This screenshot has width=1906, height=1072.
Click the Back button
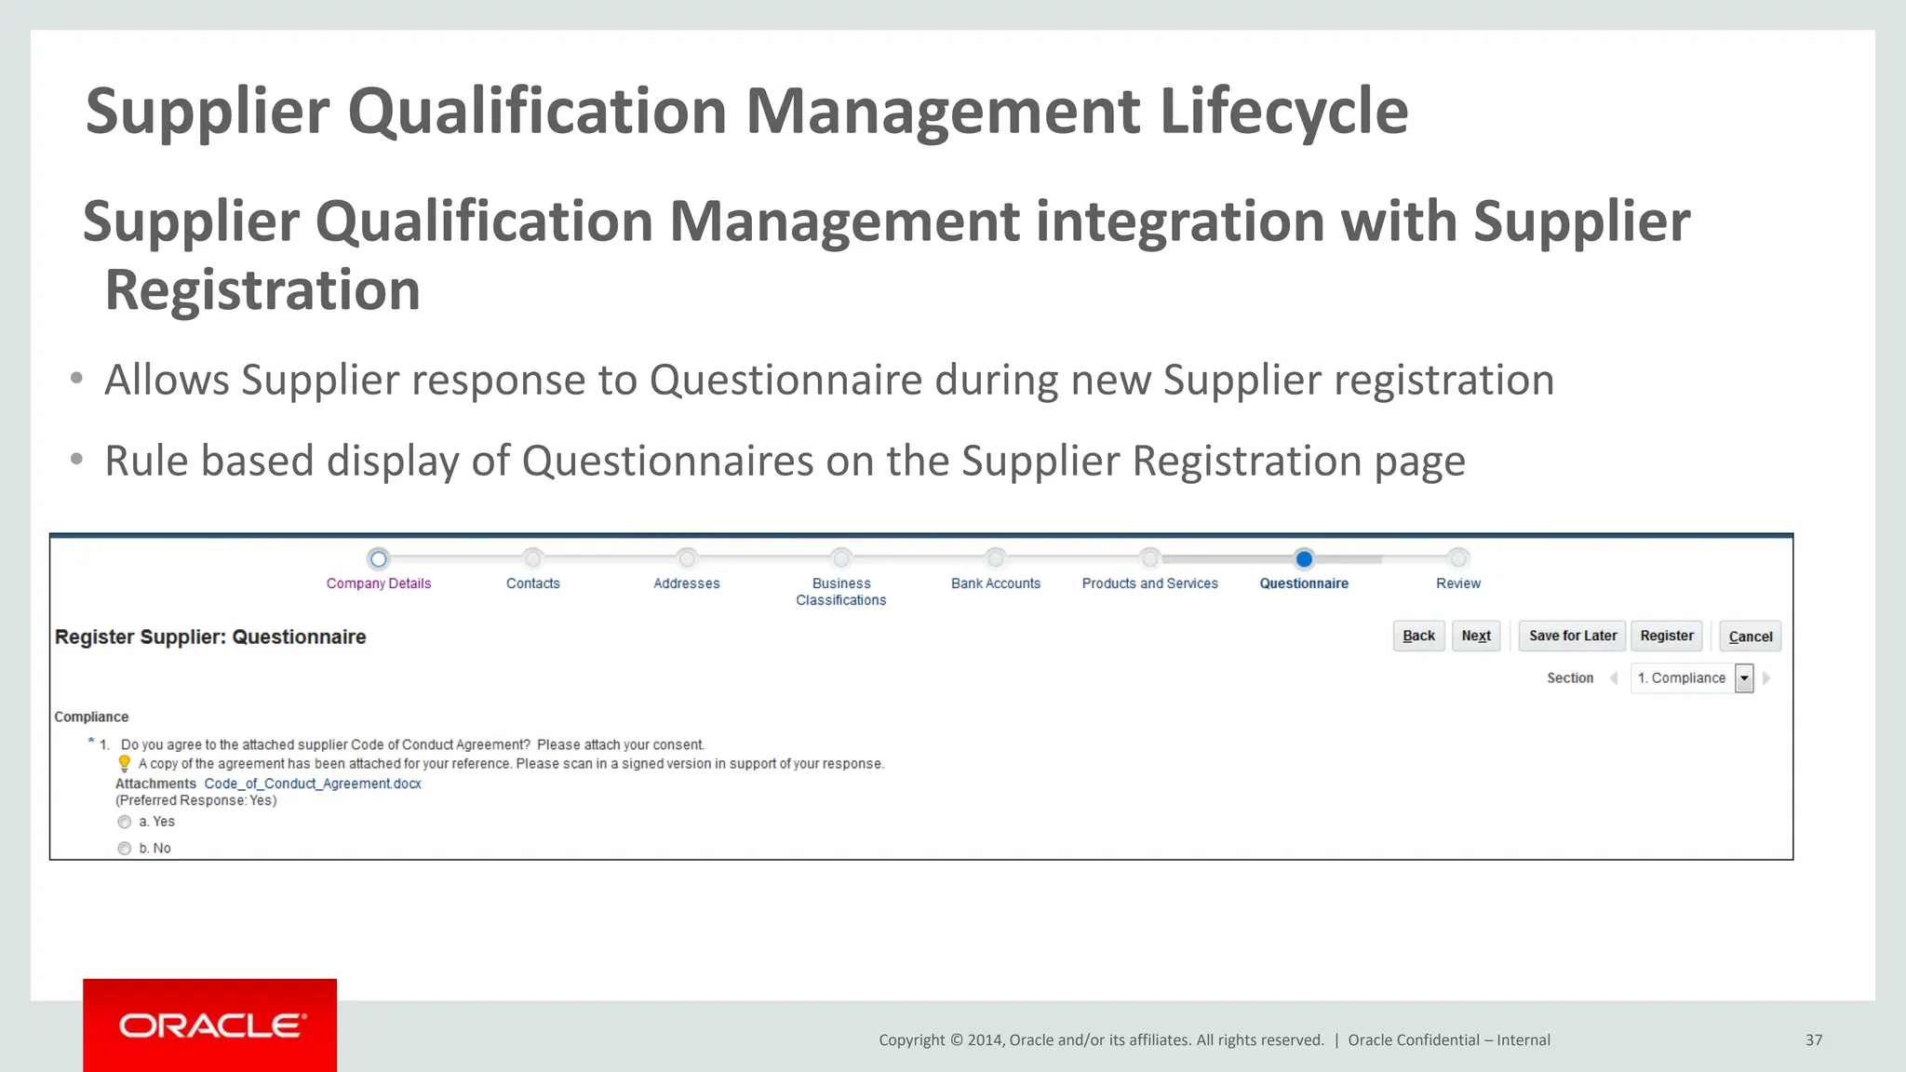[1418, 636]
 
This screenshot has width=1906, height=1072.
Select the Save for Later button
[1572, 636]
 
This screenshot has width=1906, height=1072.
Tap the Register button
[1666, 636]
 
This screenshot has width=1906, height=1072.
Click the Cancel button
[1750, 636]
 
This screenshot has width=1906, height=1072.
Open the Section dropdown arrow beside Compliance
[1744, 678]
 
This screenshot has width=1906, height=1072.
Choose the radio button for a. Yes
[125, 822]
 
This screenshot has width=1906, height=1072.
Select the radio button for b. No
[125, 849]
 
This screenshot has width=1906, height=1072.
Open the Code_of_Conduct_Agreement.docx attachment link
[313, 784]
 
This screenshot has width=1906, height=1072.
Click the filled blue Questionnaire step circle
[1304, 559]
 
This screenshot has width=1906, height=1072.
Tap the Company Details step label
[379, 583]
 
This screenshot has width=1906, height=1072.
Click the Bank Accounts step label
[995, 583]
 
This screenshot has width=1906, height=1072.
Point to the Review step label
[1457, 583]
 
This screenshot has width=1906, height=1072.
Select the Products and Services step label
[1149, 583]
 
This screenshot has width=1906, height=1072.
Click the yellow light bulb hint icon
[125, 764]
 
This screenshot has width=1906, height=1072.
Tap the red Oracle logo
[210, 1025]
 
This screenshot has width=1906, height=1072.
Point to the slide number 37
[1814, 1040]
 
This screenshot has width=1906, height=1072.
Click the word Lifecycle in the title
[1283, 112]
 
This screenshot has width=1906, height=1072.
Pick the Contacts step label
[532, 583]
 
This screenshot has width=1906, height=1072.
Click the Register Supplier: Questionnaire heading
[210, 637]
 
